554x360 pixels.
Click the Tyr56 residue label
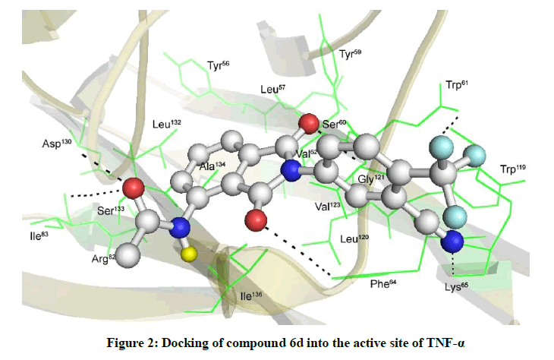[218, 65]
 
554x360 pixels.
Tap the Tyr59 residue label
[350, 54]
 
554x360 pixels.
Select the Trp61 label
[457, 85]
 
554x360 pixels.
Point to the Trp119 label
[513, 169]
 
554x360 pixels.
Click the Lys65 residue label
[456, 286]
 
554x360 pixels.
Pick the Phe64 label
[383, 283]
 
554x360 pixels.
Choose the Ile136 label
[251, 296]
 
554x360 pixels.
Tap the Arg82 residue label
[103, 259]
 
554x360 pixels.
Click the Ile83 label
[39, 235]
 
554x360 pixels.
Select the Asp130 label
[57, 144]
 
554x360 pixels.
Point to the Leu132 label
[167, 124]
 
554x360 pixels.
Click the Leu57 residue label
[272, 89]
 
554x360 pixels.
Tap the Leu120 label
[354, 238]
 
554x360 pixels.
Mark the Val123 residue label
[328, 207]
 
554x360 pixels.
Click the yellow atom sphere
[190, 254]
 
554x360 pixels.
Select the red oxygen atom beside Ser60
[309, 124]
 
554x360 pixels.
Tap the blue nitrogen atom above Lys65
[452, 242]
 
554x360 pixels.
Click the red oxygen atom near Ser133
[134, 188]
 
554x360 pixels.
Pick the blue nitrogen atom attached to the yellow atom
[180, 228]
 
